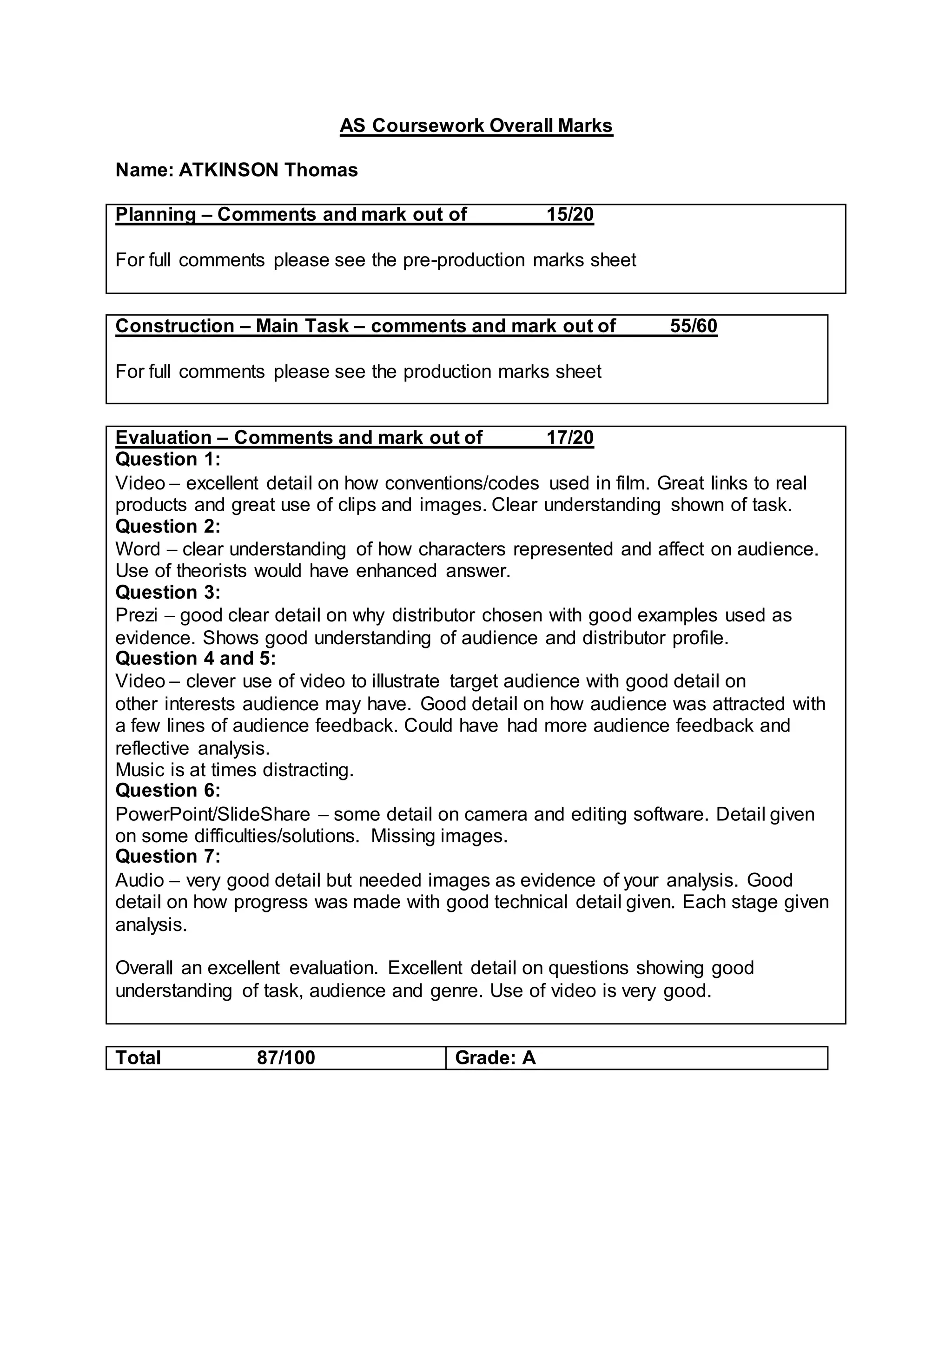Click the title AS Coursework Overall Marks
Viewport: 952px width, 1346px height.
tap(476, 125)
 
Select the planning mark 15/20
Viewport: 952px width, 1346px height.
tap(570, 215)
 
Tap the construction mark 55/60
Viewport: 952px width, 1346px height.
tap(694, 326)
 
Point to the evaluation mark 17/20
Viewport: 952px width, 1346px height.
tap(570, 437)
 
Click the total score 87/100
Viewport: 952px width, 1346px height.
tap(286, 1057)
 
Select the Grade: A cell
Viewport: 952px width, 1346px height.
tap(496, 1057)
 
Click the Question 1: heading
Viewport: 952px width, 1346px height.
tap(168, 459)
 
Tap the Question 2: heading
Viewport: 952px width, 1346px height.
tap(168, 527)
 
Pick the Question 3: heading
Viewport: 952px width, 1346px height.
tap(168, 593)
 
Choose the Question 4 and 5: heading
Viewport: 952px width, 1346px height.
tap(195, 658)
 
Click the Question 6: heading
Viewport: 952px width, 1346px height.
tap(168, 791)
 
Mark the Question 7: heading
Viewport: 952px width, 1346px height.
tap(168, 857)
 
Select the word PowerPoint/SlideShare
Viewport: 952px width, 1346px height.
tap(212, 814)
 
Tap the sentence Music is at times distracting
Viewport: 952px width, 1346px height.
tap(234, 770)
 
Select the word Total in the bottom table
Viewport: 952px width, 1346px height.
tap(138, 1057)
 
